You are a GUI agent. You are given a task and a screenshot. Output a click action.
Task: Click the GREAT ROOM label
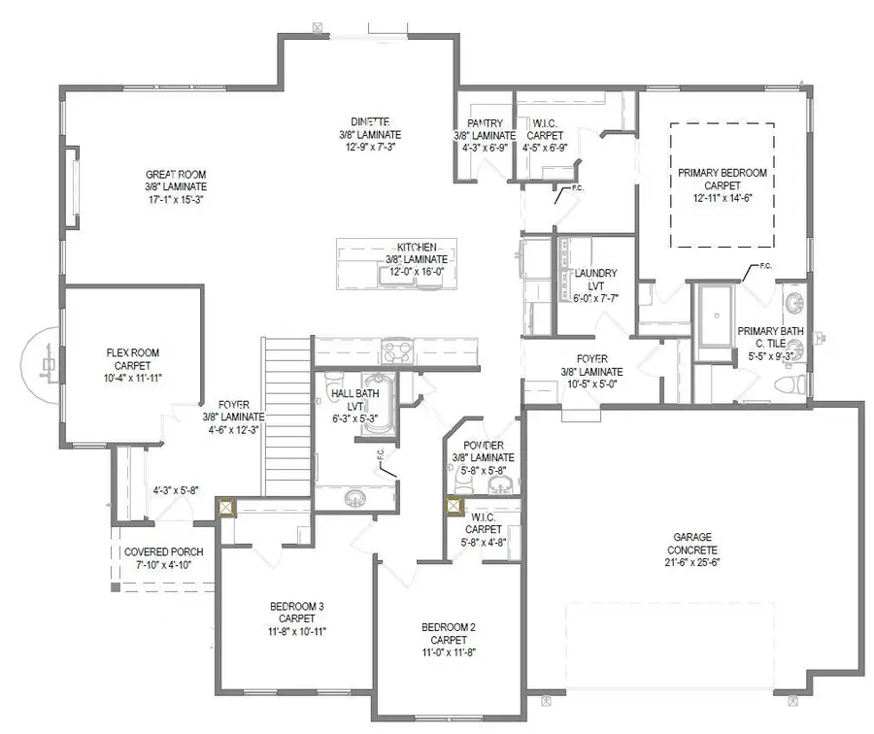click(x=176, y=174)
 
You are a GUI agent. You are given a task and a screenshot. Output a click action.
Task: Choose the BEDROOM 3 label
click(x=296, y=607)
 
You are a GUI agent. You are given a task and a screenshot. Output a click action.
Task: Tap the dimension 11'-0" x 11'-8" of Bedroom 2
click(x=448, y=652)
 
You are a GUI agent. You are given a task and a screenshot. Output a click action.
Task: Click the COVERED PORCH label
click(x=164, y=551)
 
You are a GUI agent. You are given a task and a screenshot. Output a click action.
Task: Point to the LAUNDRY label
click(x=595, y=274)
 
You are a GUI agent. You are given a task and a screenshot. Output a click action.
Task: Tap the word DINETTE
click(x=370, y=122)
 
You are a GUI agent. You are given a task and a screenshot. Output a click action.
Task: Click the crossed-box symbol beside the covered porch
click(x=226, y=507)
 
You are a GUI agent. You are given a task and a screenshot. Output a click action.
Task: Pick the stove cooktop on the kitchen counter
click(x=398, y=350)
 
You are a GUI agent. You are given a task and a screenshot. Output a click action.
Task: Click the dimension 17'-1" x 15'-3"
click(x=176, y=199)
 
